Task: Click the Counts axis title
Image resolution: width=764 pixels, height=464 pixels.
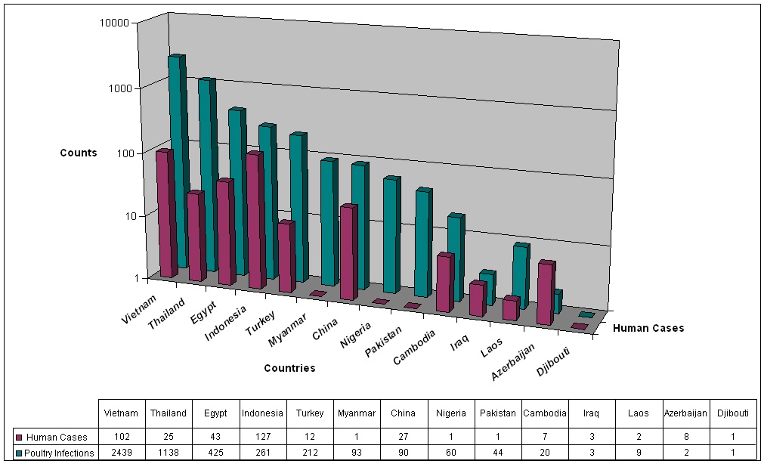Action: pyautogui.click(x=79, y=153)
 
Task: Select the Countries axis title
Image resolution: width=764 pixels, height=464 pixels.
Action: pyautogui.click(x=289, y=369)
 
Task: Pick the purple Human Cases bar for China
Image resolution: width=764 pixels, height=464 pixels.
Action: pyautogui.click(x=348, y=253)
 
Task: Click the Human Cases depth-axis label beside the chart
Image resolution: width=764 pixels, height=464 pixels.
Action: pyautogui.click(x=648, y=328)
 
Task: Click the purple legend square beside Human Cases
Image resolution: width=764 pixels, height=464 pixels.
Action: pyautogui.click(x=19, y=437)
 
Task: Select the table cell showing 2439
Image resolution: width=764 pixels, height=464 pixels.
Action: pyautogui.click(x=122, y=453)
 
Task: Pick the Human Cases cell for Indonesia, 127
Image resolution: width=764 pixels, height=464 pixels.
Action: pyautogui.click(x=262, y=437)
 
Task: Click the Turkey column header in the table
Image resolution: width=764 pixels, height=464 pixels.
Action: pyautogui.click(x=309, y=413)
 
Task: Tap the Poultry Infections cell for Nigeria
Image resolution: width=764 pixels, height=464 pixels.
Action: pyautogui.click(x=450, y=453)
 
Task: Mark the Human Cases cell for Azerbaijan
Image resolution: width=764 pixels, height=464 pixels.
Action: pyautogui.click(x=685, y=437)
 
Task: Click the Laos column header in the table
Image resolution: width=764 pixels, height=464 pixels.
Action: pyautogui.click(x=639, y=413)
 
